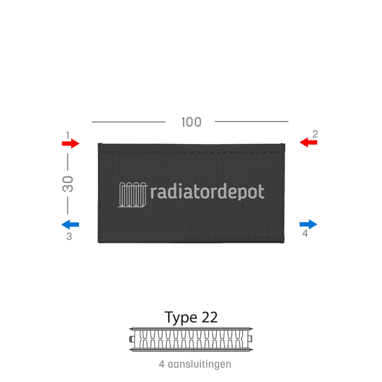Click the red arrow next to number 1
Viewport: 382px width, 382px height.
pyautogui.click(x=71, y=143)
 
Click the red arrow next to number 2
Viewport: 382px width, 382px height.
pyautogui.click(x=308, y=142)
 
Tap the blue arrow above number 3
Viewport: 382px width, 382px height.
pyautogui.click(x=71, y=224)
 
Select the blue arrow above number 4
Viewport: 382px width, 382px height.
pyautogui.click(x=308, y=224)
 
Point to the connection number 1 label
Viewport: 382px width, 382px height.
pyautogui.click(x=68, y=135)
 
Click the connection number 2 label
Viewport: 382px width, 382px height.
pyautogui.click(x=315, y=134)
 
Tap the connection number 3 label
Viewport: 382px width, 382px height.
pyautogui.click(x=69, y=236)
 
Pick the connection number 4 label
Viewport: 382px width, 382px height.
pyautogui.click(x=304, y=233)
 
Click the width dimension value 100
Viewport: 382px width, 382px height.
pyautogui.click(x=191, y=122)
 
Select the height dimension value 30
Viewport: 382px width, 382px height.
pyautogui.click(x=68, y=184)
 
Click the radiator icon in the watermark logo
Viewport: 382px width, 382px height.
pyautogui.click(x=132, y=193)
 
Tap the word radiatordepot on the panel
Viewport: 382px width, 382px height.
pyautogui.click(x=207, y=192)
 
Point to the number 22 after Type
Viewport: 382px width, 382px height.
pyautogui.click(x=209, y=317)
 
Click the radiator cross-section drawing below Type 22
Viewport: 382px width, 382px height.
pyautogui.click(x=191, y=339)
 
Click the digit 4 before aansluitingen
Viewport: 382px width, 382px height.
pyautogui.click(x=162, y=364)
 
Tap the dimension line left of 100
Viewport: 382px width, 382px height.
pyautogui.click(x=128, y=122)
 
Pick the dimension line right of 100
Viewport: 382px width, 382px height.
pyautogui.click(x=252, y=122)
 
